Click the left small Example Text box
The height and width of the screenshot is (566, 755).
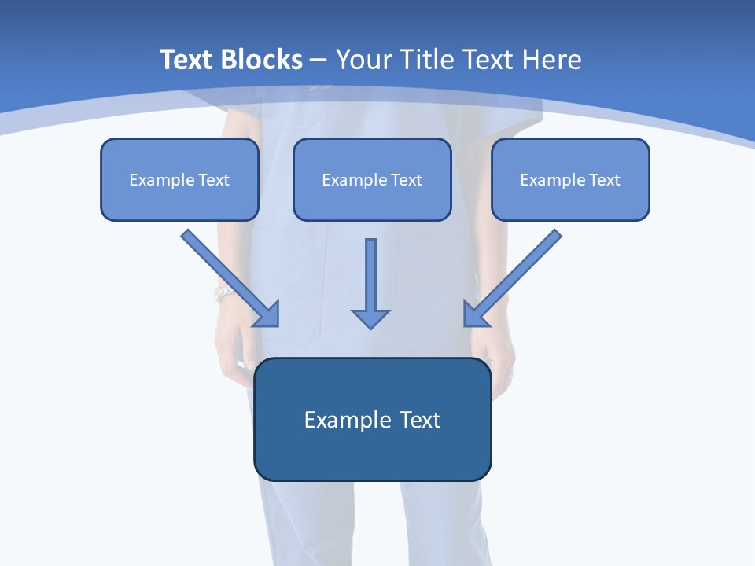[179, 179]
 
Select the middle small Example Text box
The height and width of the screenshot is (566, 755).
[372, 179]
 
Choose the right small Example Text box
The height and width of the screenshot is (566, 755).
[570, 179]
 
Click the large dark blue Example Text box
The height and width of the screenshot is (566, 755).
[372, 419]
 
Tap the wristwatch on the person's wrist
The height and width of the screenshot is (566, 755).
[223, 295]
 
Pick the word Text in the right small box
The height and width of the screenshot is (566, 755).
[605, 180]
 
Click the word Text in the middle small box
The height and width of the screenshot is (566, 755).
[407, 180]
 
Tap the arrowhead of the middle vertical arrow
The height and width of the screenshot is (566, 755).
[370, 318]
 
